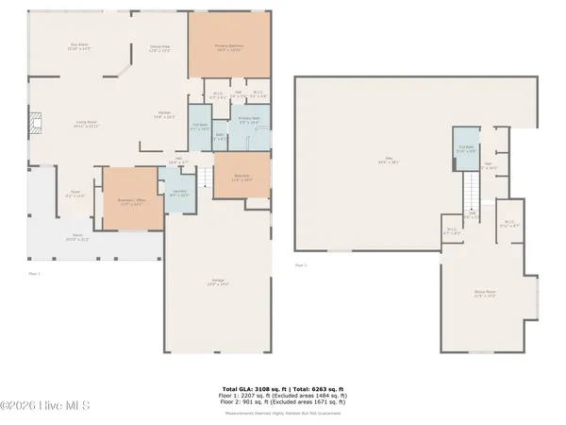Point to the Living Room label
(89, 124)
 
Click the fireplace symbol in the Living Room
(36, 123)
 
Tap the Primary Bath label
(251, 122)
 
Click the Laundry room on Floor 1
(179, 194)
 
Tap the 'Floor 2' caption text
(301, 265)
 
